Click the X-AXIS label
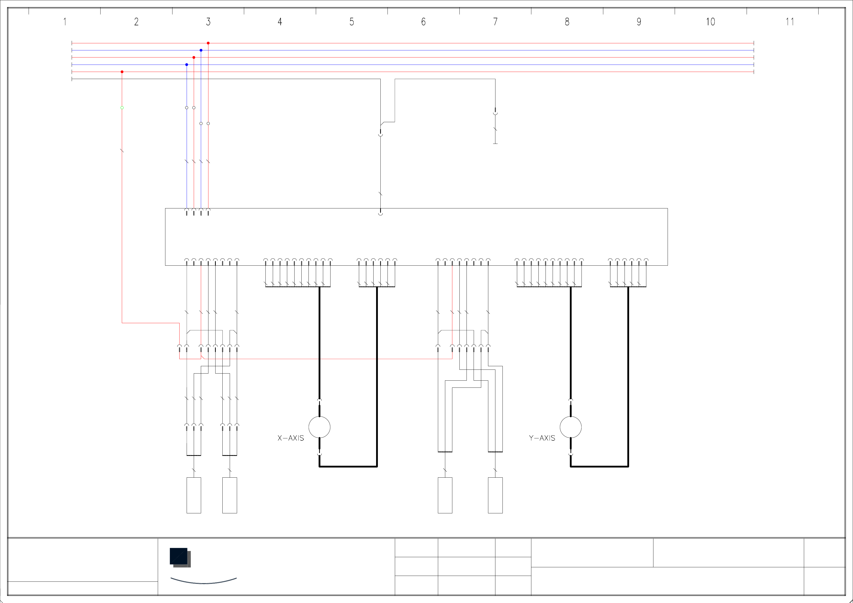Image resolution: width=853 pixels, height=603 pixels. pos(290,438)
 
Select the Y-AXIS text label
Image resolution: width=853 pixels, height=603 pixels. pos(542,438)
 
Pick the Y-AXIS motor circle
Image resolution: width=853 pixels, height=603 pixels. pos(570,427)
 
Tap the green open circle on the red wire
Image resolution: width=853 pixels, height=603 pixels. pos(122,108)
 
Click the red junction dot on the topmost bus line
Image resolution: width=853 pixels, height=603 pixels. pos(208,43)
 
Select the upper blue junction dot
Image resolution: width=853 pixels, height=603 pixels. pos(201,50)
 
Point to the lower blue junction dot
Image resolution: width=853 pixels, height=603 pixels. pos(186,65)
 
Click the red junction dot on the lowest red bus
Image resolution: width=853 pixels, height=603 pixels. pos(122,72)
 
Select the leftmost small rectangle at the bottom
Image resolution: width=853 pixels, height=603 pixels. pos(193,495)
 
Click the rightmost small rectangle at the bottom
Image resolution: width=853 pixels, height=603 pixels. pos(495,495)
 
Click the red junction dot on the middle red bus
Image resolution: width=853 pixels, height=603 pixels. pos(193,57)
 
